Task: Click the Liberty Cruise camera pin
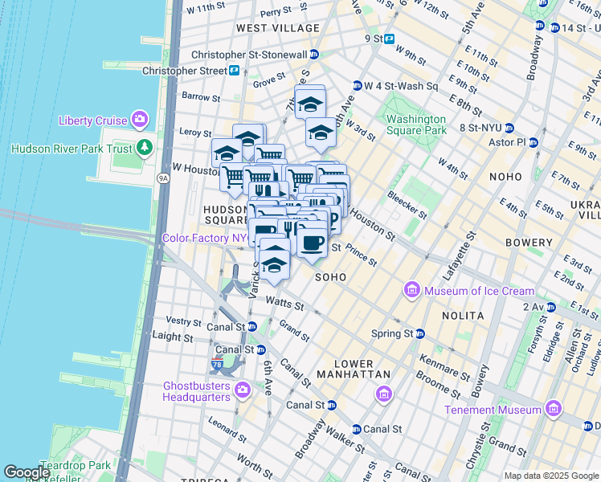[141, 120]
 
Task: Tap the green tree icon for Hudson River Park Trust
[145, 148]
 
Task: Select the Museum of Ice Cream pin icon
[412, 290]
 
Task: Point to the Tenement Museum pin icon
[553, 410]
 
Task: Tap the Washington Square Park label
[415, 125]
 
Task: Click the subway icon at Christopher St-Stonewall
[314, 55]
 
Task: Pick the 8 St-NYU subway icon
[517, 127]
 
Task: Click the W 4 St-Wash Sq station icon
[357, 86]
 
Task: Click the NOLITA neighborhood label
[463, 316]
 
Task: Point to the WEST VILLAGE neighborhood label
[278, 28]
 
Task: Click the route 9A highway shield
[164, 178]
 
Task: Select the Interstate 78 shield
[217, 365]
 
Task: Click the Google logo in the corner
[27, 472]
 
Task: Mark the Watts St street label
[285, 304]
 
